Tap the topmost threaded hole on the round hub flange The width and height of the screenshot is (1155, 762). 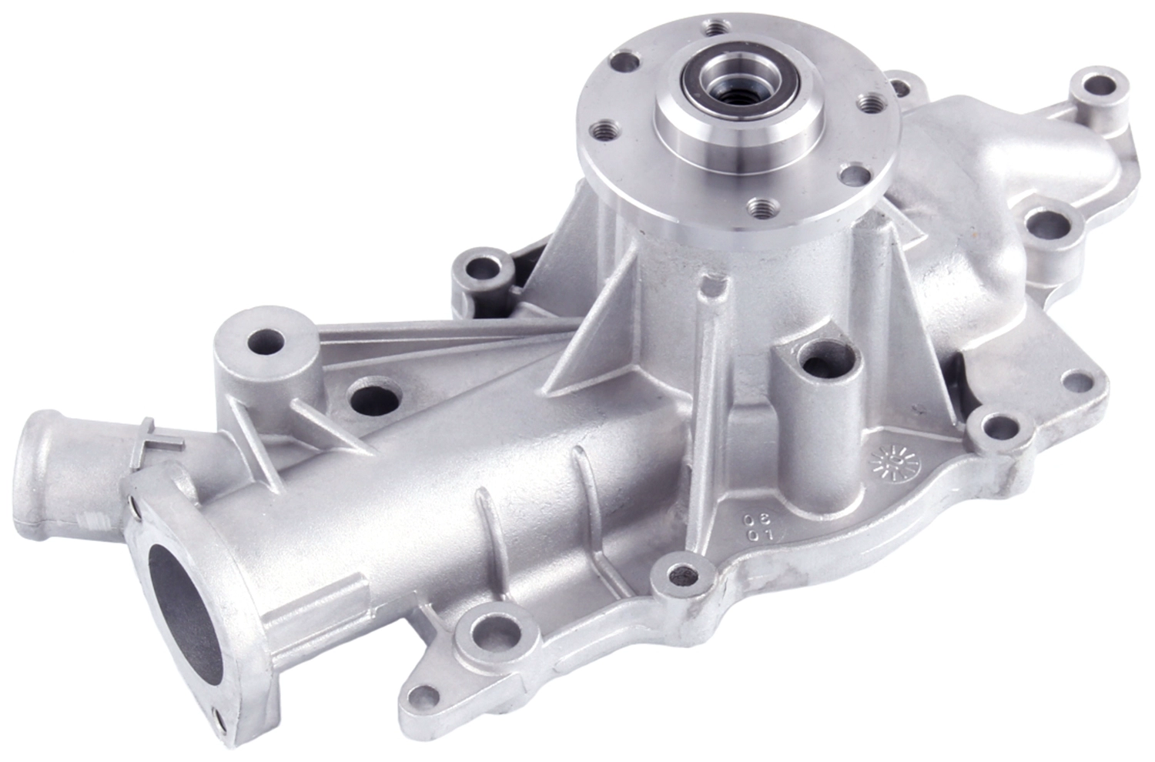pyautogui.click(x=717, y=28)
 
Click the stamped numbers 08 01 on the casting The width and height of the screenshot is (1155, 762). pyautogui.click(x=745, y=526)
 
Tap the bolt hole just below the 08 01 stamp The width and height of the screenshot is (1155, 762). pyautogui.click(x=681, y=573)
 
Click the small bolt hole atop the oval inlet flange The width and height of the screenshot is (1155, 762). pyautogui.click(x=136, y=506)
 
